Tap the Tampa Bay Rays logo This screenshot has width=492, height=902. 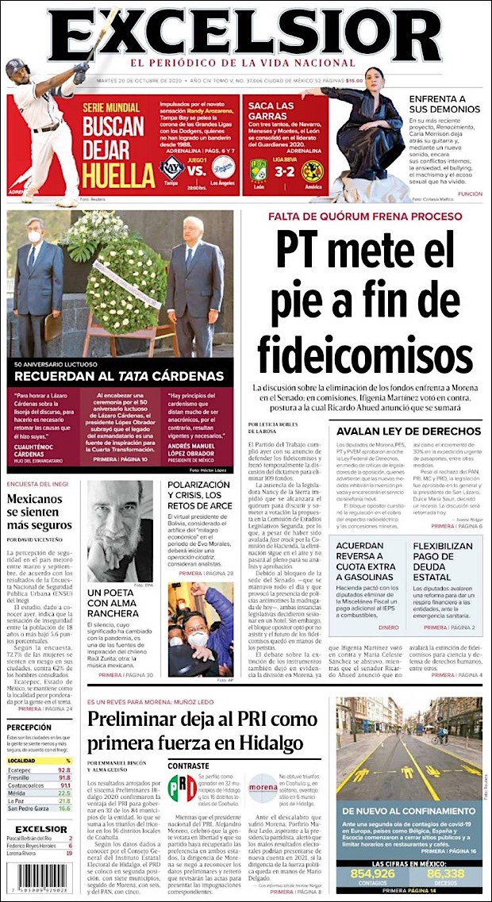[172, 169]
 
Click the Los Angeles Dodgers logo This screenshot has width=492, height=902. [223, 169]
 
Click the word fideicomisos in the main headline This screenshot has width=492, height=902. [364, 351]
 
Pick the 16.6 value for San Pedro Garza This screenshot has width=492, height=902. [64, 808]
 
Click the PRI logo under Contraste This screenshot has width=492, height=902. [183, 788]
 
